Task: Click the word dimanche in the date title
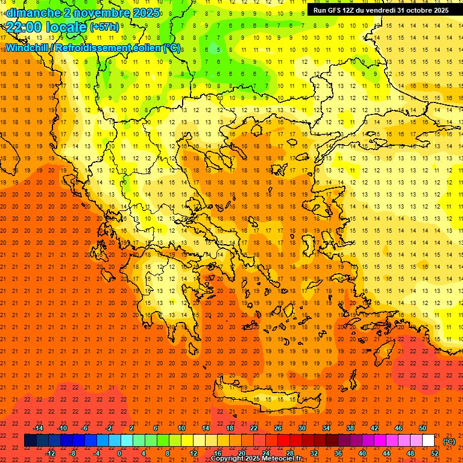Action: click(33, 12)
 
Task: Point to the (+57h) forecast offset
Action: click(105, 28)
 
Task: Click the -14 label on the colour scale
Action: click(39, 428)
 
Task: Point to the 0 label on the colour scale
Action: click(120, 453)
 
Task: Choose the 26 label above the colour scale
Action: click(278, 428)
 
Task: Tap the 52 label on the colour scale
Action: click(435, 453)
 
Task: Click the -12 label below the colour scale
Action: click(51, 453)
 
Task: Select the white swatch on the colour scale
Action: click(428, 441)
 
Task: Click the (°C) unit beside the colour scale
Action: click(449, 441)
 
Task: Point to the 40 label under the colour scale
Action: click(362, 453)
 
